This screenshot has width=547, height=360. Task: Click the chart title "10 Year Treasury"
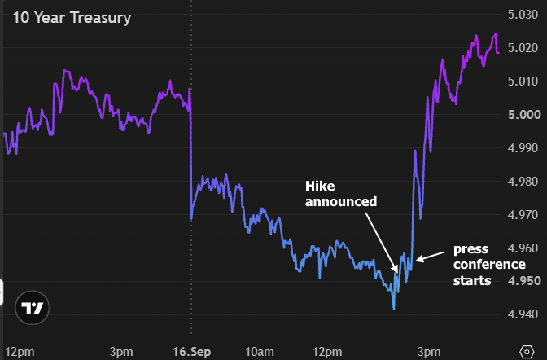tap(72, 18)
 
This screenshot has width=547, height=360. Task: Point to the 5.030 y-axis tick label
tap(523, 15)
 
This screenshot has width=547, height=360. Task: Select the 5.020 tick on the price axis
tap(523, 48)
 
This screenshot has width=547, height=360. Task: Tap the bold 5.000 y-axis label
tap(524, 115)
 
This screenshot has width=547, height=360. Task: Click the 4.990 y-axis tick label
tap(523, 148)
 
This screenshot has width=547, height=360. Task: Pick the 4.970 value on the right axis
tap(523, 215)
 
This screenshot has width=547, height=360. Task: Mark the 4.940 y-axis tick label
tap(523, 314)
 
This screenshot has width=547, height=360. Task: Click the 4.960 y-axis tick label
tap(523, 248)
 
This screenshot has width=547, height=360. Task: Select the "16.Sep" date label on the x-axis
tap(191, 352)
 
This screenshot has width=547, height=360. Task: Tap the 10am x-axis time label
tap(259, 352)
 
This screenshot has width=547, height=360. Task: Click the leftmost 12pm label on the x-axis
tap(20, 352)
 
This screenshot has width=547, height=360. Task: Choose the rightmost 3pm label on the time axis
tap(429, 352)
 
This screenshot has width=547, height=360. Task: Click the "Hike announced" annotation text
tap(341, 194)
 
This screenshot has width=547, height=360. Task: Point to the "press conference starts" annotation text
tap(489, 265)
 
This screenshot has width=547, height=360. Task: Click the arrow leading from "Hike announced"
tap(382, 243)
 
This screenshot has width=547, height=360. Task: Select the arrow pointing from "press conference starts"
tap(430, 257)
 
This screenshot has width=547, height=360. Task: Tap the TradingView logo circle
tap(32, 308)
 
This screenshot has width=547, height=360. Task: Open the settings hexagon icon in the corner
tap(527, 352)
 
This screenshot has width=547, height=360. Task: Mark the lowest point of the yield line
tap(394, 309)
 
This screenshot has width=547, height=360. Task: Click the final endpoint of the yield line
tap(498, 53)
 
